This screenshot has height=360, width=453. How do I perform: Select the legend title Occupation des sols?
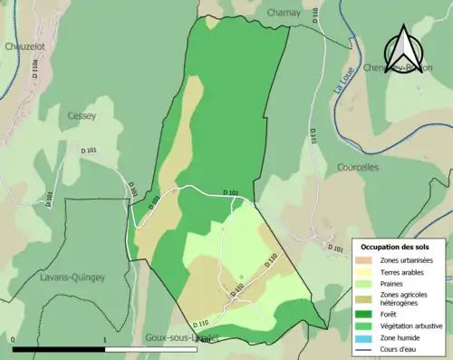click(x=395, y=247)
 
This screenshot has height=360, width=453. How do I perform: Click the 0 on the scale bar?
click(x=13, y=340)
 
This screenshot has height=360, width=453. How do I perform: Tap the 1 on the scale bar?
click(x=105, y=340)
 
